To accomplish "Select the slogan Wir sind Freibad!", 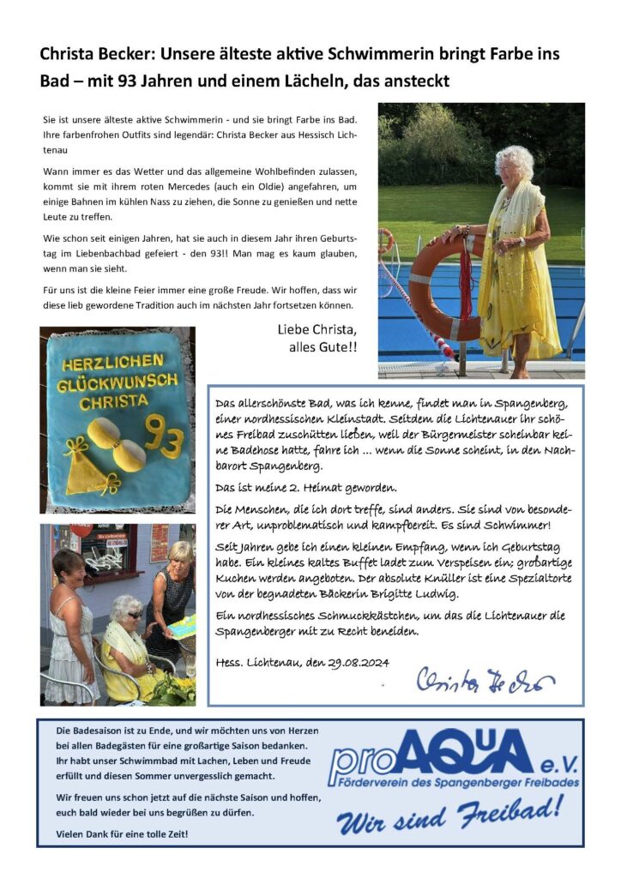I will [x=450, y=815].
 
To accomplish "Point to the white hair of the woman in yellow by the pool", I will [x=514, y=162].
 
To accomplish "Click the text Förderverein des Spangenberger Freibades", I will [x=455, y=782].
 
